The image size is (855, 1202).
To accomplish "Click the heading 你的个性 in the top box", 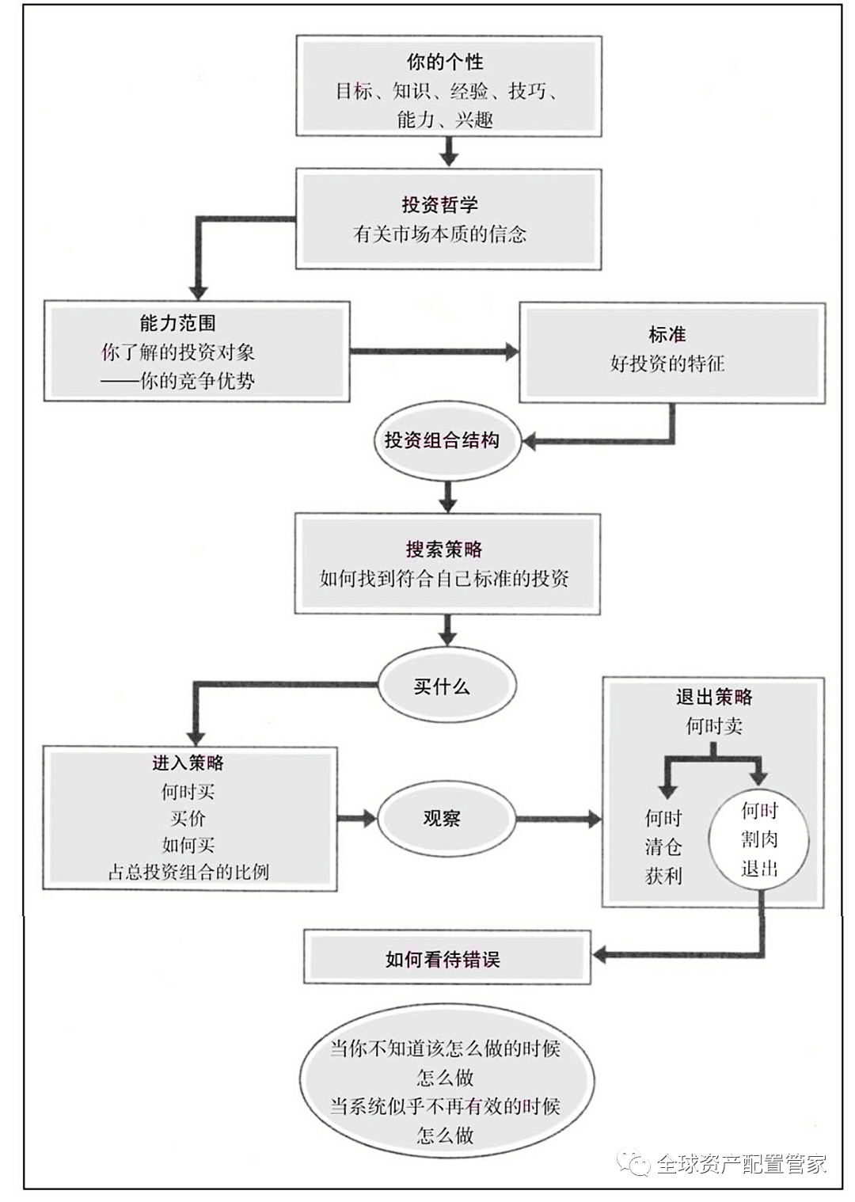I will tap(445, 62).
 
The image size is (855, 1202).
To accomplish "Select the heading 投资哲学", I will tap(440, 205).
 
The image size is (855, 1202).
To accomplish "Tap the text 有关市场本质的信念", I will tap(440, 234).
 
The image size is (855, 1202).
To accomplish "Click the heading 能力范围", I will tap(177, 323).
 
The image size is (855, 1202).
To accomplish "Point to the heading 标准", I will tap(667, 335).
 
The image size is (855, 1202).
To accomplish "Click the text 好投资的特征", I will tap(667, 364).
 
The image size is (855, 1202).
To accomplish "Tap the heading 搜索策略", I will tap(444, 549).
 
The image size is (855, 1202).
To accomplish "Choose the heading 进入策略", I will tap(188, 763).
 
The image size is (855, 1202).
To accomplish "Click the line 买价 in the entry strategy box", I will tap(188, 818).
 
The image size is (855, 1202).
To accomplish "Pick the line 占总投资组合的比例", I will tap(188, 872).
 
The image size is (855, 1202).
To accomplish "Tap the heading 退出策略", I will tap(713, 697).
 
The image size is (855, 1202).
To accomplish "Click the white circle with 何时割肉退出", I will tap(760, 840).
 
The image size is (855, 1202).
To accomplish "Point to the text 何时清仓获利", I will tap(663, 846).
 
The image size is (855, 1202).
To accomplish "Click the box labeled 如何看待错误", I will tap(446, 960).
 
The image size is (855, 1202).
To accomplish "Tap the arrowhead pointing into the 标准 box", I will tap(511, 352).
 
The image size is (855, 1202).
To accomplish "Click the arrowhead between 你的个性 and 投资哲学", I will tap(449, 158).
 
